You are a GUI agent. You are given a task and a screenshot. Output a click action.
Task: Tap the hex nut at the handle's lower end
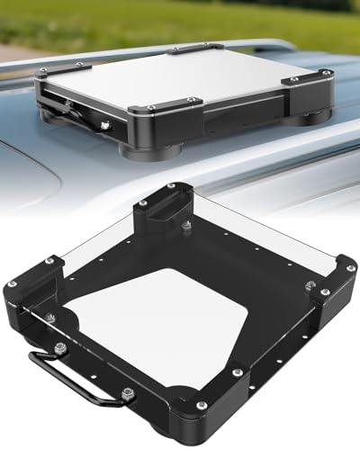point(128,392)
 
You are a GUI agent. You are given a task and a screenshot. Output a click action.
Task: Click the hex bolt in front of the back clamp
point(186,225)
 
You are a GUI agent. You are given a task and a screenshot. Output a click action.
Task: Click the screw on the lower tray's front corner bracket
point(200,405)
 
